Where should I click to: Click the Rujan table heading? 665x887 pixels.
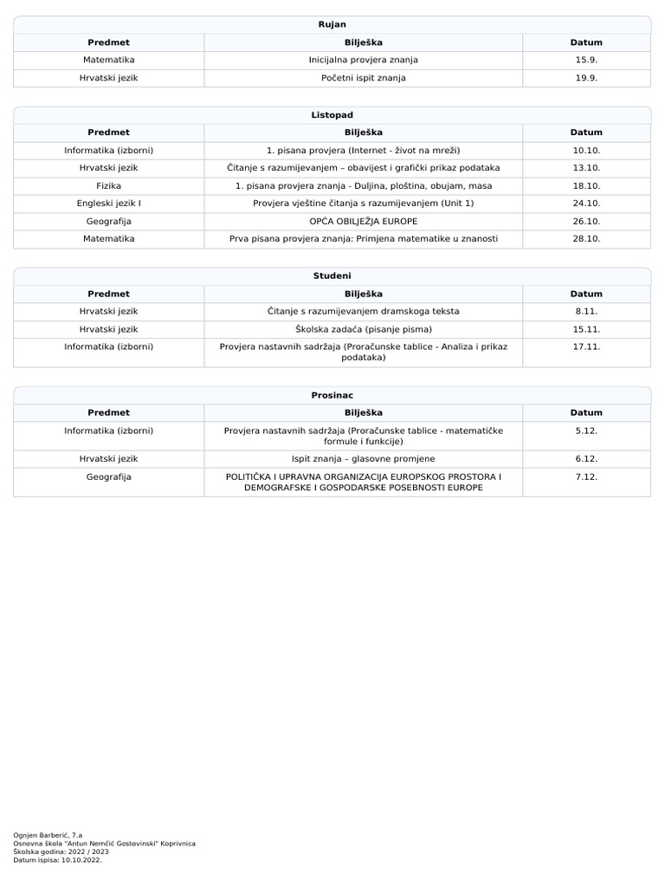[x=332, y=24]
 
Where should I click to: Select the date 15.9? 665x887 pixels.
[x=586, y=60]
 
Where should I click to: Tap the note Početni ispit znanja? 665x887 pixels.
[x=363, y=78]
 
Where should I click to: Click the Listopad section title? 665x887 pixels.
[x=332, y=115]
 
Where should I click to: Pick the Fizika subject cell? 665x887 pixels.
[x=109, y=185]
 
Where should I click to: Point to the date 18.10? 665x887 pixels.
[x=586, y=185]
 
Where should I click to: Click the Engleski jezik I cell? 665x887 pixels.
[x=109, y=203]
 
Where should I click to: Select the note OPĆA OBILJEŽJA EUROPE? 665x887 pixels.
[x=363, y=221]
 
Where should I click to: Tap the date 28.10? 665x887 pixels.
[x=586, y=238]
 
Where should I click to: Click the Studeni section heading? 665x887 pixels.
[x=332, y=275]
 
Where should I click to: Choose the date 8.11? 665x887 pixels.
[x=586, y=311]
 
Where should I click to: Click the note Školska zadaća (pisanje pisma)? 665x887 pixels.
[x=363, y=329]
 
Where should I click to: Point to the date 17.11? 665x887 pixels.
[x=586, y=346]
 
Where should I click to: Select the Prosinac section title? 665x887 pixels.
[x=332, y=395]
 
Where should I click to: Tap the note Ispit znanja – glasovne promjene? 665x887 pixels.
[x=363, y=459]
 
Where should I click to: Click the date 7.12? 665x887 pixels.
[x=586, y=476]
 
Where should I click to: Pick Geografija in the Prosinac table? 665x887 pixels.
[x=109, y=476]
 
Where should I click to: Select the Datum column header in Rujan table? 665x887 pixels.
[x=586, y=42]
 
